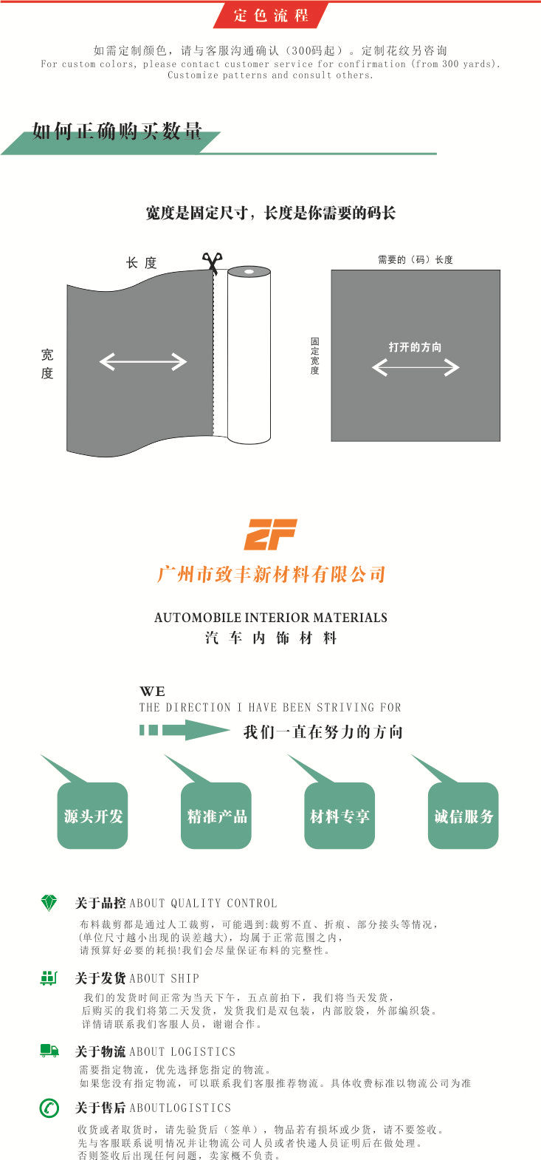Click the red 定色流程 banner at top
(x=271, y=15)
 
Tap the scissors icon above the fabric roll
(x=212, y=262)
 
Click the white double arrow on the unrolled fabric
(x=143, y=361)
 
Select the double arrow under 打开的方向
(x=416, y=366)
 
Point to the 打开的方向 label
(x=416, y=347)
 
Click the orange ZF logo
(x=270, y=534)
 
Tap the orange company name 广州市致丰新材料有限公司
(x=271, y=574)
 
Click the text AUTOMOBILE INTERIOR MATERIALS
(x=271, y=618)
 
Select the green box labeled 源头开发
(x=93, y=816)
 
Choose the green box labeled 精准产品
(x=216, y=816)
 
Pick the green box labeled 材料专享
(x=340, y=816)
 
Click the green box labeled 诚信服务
(x=464, y=816)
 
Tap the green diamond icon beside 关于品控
(x=49, y=903)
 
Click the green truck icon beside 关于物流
(x=49, y=1051)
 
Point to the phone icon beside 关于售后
(x=49, y=1108)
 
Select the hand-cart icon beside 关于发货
(x=49, y=978)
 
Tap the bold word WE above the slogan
(x=152, y=692)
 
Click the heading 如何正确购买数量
(x=117, y=133)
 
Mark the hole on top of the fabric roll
(x=249, y=271)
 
